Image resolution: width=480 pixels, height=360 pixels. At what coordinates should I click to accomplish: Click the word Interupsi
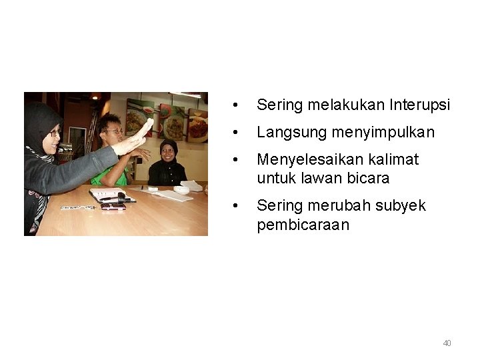pyautogui.click(x=420, y=105)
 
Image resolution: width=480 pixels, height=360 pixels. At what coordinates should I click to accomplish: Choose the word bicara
pyautogui.click(x=367, y=179)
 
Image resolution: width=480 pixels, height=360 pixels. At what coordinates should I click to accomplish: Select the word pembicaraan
pyautogui.click(x=303, y=225)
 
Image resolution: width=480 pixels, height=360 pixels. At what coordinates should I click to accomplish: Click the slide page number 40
pyautogui.click(x=447, y=343)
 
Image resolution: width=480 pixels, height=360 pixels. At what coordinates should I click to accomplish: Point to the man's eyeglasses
pyautogui.click(x=113, y=132)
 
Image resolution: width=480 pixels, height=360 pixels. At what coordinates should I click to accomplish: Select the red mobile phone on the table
pyautogui.click(x=113, y=207)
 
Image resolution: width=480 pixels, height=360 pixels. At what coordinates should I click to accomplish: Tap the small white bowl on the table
pyautogui.click(x=181, y=190)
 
